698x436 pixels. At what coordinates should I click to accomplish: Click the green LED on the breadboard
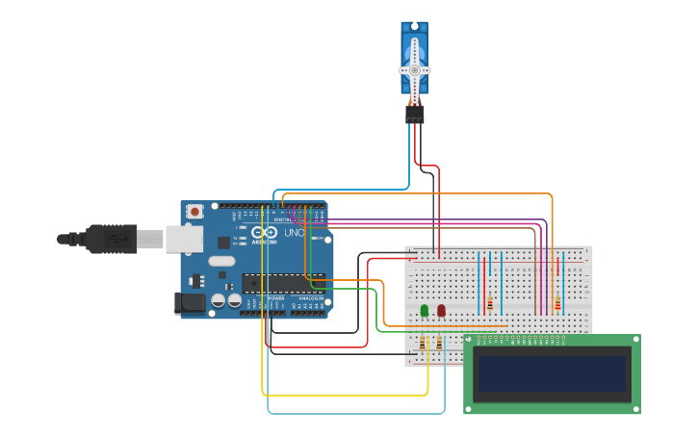click(x=425, y=310)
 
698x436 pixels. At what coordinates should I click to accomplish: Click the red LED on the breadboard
click(x=441, y=310)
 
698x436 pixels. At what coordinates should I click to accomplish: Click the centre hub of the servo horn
click(x=415, y=70)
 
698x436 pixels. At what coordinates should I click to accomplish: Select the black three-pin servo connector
click(x=415, y=115)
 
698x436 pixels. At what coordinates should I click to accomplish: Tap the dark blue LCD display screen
click(x=552, y=373)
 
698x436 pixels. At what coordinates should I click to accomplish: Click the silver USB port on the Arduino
click(x=184, y=238)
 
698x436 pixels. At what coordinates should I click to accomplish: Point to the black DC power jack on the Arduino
click(x=191, y=303)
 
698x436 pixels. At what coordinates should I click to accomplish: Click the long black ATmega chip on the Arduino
click(x=283, y=282)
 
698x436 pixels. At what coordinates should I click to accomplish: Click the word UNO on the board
click(x=293, y=233)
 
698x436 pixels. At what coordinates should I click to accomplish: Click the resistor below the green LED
click(x=423, y=343)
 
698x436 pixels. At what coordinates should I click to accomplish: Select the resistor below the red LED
click(x=440, y=343)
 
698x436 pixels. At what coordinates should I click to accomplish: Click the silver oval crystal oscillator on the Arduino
click(x=221, y=261)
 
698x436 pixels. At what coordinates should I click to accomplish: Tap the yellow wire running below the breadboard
click(x=347, y=395)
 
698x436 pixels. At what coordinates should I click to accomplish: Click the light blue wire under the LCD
click(x=356, y=413)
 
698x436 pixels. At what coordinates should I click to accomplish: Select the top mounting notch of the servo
click(x=415, y=27)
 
